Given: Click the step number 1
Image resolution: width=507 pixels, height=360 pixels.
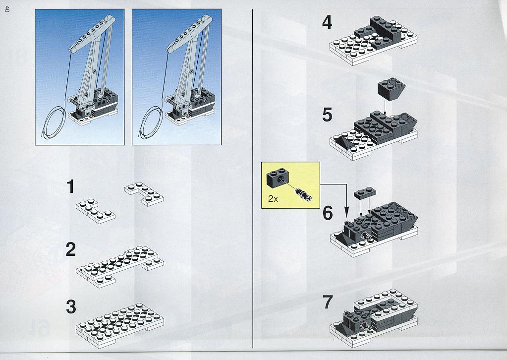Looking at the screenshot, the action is pos(70,187).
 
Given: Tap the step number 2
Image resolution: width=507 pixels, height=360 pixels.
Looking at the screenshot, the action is pos(70,249).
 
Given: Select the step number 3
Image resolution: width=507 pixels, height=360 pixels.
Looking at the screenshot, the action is pos(71,307).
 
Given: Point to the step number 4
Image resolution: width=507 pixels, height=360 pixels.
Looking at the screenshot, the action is pos(327,23).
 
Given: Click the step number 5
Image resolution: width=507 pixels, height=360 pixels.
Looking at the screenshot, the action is pos(327,115).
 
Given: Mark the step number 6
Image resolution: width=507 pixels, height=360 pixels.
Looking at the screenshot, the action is pos(328,213).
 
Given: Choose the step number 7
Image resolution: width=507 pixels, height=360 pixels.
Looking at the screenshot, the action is pos(328,302).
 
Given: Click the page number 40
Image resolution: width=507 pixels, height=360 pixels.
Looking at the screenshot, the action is pos(7,9).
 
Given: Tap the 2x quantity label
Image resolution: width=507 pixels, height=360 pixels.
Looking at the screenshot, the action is pos(273,199).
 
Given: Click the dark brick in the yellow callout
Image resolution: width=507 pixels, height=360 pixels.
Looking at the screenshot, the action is pos(278,178).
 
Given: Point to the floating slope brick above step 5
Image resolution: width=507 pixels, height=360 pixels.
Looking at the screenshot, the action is pos(391,89).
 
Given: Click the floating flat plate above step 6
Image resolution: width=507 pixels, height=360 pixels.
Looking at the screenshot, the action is pos(365,193).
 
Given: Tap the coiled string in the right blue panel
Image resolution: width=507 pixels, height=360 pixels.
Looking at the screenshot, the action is pos(151,122).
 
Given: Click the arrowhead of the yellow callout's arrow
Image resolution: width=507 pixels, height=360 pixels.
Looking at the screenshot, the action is pos(346,214).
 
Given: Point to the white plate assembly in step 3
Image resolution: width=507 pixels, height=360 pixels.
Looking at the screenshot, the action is pos(120,325).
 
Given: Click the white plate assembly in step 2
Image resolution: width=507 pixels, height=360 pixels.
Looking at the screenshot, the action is pos(120,266).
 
